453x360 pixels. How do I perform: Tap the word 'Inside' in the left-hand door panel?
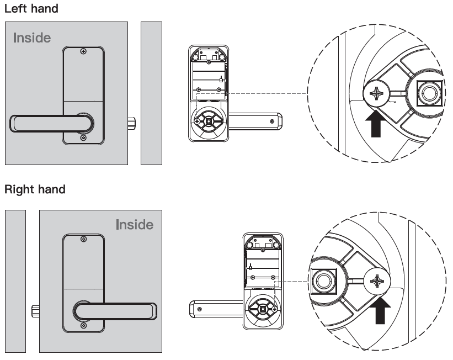coord(32,39)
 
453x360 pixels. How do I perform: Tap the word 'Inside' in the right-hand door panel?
coord(135,225)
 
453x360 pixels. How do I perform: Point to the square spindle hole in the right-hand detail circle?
coord(322,282)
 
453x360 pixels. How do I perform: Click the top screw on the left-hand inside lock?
coord(83,52)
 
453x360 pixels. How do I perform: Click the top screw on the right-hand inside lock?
coord(83,239)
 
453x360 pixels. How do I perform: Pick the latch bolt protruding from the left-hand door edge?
coord(132,123)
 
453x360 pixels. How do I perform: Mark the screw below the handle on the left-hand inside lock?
coord(83,137)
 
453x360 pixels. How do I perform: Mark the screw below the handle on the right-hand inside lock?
coord(83,326)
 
